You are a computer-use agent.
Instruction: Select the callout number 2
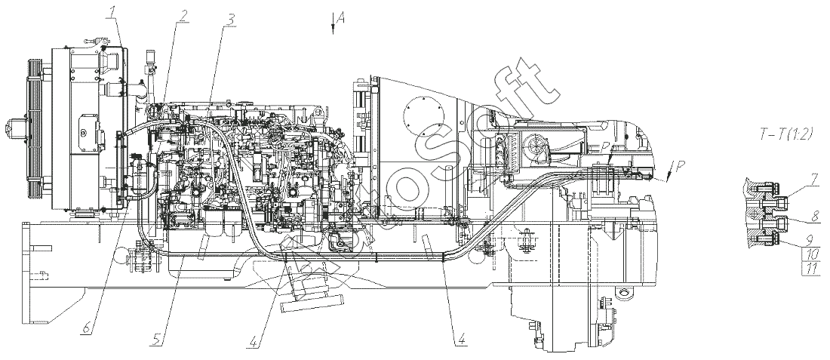pyautogui.click(x=183, y=15)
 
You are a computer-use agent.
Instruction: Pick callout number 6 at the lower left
pyautogui.click(x=86, y=328)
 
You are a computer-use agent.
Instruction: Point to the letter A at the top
pyautogui.click(x=341, y=19)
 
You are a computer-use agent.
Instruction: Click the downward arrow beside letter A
pyautogui.click(x=333, y=25)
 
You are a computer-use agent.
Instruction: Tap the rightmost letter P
pyautogui.click(x=680, y=165)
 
